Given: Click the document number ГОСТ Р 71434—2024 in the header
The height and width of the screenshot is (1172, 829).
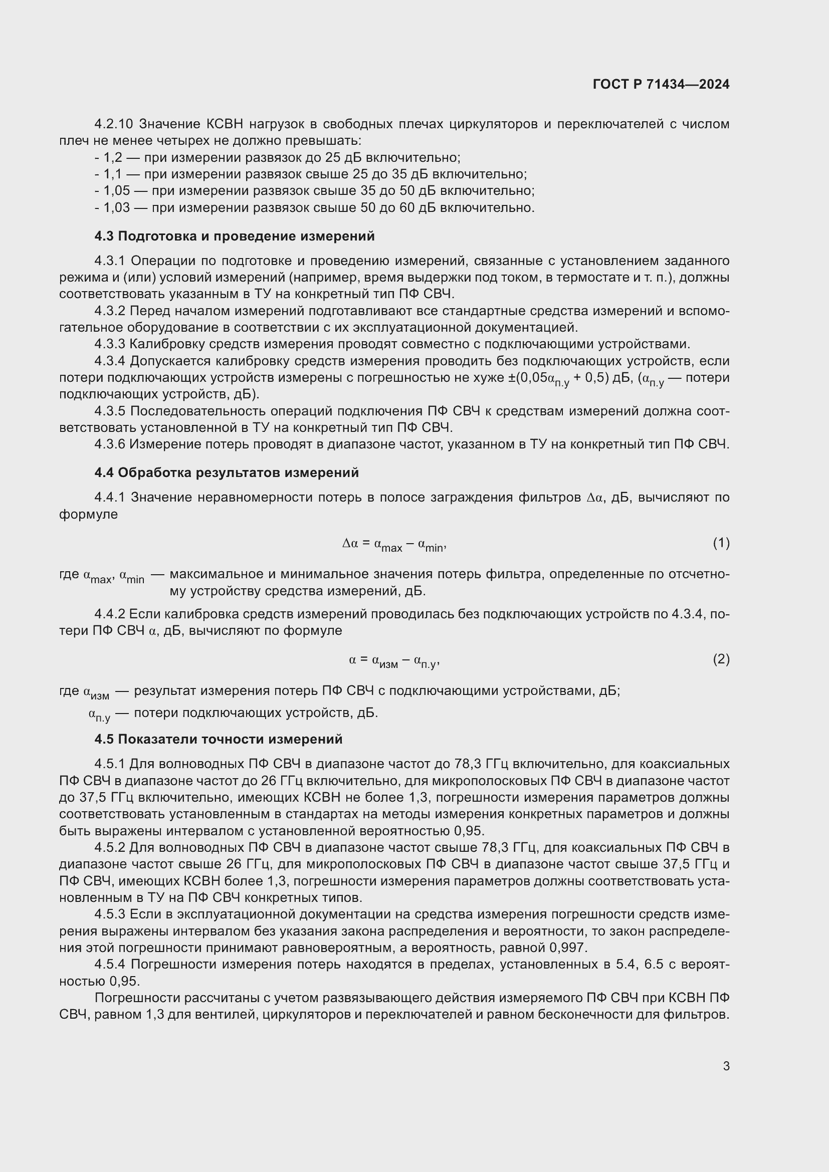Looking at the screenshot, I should (x=661, y=84).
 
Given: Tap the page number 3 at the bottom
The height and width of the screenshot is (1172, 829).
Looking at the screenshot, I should (x=726, y=1066).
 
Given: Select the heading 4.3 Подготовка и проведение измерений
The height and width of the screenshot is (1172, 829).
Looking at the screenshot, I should (x=234, y=236).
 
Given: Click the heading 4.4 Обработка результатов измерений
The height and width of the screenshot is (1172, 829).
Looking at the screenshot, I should (x=226, y=473).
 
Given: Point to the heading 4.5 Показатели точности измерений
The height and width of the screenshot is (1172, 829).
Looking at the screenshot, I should (x=218, y=739).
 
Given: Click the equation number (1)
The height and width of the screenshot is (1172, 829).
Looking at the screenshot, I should (x=721, y=543).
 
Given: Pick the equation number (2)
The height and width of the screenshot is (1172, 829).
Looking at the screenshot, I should (x=721, y=659).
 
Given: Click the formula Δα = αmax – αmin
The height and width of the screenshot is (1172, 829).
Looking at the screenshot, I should (x=394, y=545).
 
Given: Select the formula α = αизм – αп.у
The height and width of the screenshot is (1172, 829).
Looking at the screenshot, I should (x=394, y=661).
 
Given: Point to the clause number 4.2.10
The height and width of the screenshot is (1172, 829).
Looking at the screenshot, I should (x=113, y=124).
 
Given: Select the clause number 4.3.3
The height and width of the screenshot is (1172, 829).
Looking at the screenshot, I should (x=109, y=344).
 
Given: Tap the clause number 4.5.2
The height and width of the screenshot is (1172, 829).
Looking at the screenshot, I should (x=109, y=848).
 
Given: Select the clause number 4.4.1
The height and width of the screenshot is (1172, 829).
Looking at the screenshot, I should (x=109, y=497).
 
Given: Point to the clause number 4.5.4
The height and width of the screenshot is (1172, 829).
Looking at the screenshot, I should (x=109, y=964).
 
